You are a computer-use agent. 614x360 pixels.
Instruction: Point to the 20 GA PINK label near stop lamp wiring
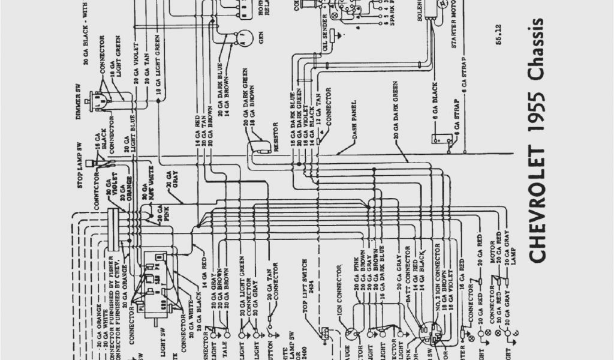click(x=159, y=214)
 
